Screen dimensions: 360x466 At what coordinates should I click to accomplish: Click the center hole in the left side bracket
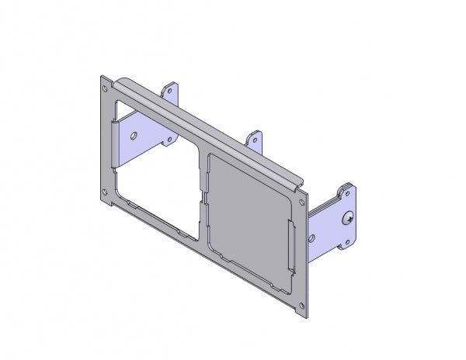click(136, 136)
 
